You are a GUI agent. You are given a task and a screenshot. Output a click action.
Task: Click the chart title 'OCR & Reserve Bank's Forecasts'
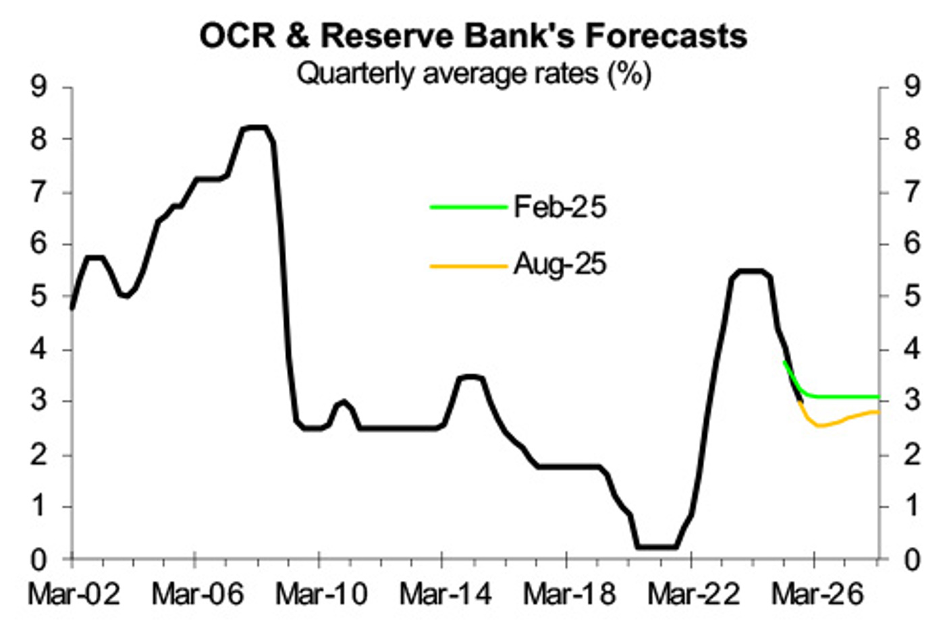[473, 36]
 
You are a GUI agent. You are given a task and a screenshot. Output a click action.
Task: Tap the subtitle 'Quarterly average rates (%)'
[473, 73]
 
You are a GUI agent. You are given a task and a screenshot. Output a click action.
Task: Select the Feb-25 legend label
[560, 206]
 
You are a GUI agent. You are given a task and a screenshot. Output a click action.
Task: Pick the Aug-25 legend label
[560, 264]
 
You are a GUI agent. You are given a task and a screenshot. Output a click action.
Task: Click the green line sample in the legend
[468, 207]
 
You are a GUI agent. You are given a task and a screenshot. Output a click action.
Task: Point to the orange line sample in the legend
[468, 266]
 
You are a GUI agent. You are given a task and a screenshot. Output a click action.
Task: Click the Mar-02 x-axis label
[74, 594]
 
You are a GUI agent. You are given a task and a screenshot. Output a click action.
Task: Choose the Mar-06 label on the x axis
[197, 594]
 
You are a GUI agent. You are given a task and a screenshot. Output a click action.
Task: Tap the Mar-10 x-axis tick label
[321, 594]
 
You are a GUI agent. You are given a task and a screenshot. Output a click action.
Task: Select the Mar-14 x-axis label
[445, 594]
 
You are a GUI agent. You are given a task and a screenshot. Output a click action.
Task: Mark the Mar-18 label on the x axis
[569, 594]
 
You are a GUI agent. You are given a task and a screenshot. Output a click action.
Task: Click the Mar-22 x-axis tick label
[693, 594]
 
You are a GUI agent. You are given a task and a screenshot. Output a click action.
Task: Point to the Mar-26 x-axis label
[817, 594]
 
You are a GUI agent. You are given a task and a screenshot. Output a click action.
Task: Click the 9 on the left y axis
[39, 88]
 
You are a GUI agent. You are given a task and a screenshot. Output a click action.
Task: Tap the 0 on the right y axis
[912, 560]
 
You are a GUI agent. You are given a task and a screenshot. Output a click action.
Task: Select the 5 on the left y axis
[39, 297]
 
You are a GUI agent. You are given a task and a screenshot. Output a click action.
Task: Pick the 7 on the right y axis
[912, 193]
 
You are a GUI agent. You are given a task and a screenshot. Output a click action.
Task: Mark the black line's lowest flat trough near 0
[655, 547]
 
